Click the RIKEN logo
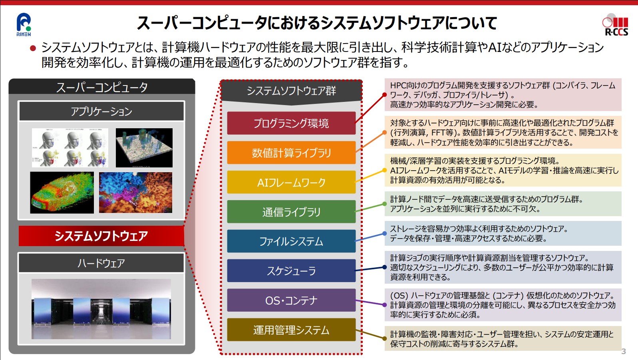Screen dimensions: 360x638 pyautogui.click(x=24, y=25)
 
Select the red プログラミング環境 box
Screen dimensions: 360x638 pyautogui.click(x=291, y=123)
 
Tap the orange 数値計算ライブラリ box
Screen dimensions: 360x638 pyautogui.click(x=291, y=153)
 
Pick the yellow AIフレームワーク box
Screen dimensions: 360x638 pyautogui.click(x=291, y=182)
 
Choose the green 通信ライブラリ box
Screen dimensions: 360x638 pyautogui.click(x=291, y=212)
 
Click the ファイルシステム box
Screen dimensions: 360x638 pyautogui.click(x=291, y=241)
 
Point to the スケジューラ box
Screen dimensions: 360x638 pyautogui.click(x=291, y=271)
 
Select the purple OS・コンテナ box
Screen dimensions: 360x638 pyautogui.click(x=291, y=300)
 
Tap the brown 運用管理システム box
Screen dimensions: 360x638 pyautogui.click(x=291, y=330)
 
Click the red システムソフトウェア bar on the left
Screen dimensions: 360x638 pyautogui.click(x=101, y=236)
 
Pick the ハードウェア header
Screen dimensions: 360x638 pyautogui.click(x=101, y=263)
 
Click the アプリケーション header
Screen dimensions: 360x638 pyautogui.click(x=101, y=111)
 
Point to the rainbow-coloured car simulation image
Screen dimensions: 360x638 pyautogui.click(x=62, y=193)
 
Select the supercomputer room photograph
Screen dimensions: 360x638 pyautogui.click(x=101, y=309)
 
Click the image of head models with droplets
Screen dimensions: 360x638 pyautogui.click(x=70, y=147)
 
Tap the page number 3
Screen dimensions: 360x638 pyautogui.click(x=624, y=351)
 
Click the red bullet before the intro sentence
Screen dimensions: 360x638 pyautogui.click(x=33, y=48)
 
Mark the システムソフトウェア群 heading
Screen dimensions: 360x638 pyautogui.click(x=291, y=91)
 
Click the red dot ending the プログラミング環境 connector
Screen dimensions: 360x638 pyautogui.click(x=384, y=95)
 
